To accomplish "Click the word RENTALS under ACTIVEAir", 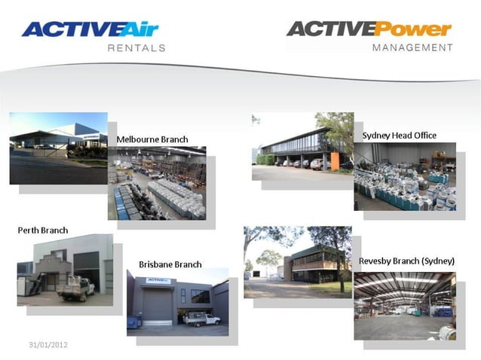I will click(x=136, y=47).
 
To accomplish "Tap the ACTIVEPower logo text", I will click(x=369, y=29).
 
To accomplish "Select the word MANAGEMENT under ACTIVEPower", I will click(x=413, y=47).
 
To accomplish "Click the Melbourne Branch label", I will click(x=152, y=139).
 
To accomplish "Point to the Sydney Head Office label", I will click(x=399, y=136).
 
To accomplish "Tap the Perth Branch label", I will click(x=43, y=230).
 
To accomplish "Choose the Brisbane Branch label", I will click(x=170, y=264).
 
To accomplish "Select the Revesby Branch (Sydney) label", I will click(x=406, y=261).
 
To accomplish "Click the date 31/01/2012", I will click(x=48, y=344).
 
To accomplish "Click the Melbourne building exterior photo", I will click(x=58, y=148).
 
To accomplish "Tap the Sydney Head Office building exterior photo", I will click(x=302, y=147).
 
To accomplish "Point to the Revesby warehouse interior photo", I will click(x=404, y=306).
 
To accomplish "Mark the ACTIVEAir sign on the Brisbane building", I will click(x=158, y=280).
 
